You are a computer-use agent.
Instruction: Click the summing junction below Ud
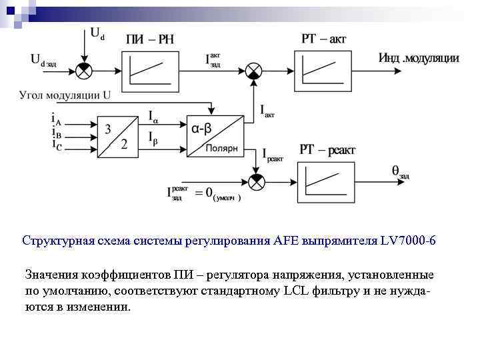[x=85, y=69]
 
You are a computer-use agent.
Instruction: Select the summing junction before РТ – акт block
[x=254, y=69]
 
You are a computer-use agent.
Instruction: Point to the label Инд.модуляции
[x=419, y=58]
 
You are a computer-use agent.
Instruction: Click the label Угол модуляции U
[x=65, y=95]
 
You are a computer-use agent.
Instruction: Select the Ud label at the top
[x=97, y=33]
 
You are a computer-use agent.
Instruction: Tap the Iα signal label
[x=153, y=119]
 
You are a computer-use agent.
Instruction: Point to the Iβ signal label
[x=153, y=141]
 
